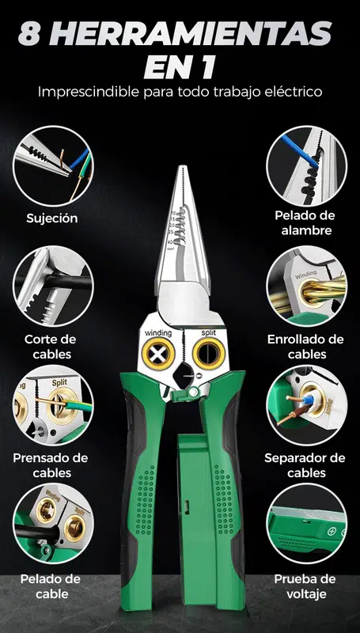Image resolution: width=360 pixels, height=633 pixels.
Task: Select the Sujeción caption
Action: pos(52,219)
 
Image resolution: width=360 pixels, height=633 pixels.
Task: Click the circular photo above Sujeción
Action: pos(53,166)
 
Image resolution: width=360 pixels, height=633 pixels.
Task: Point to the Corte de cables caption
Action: pos(51,347)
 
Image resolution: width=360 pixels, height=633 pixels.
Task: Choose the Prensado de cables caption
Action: pos(51,465)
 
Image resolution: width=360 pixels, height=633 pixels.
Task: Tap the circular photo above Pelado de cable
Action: pos(53,524)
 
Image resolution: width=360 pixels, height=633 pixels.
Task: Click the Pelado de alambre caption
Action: pos(305,223)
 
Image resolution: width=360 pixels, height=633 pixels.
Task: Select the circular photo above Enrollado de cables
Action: pos(307,286)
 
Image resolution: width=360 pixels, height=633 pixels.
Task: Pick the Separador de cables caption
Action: pos(305,465)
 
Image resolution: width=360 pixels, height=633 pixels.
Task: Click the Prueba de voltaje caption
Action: pos(305,586)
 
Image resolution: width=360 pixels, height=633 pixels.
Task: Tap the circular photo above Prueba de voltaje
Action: pos(307,524)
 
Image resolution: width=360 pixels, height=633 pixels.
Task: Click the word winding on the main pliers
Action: pos(158,333)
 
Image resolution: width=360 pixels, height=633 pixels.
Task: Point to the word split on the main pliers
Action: pos(209,332)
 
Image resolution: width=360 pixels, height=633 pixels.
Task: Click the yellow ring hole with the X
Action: pos(158,354)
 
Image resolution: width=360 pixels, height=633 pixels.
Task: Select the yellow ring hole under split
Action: pos(208,353)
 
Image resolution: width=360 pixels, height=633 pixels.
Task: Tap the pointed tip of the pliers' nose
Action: pos(184,166)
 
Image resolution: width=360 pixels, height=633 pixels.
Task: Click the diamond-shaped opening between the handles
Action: pos(184,376)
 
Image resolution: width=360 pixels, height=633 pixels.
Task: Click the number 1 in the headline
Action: pos(208,68)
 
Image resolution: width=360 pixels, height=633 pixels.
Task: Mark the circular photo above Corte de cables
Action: pos(53,286)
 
